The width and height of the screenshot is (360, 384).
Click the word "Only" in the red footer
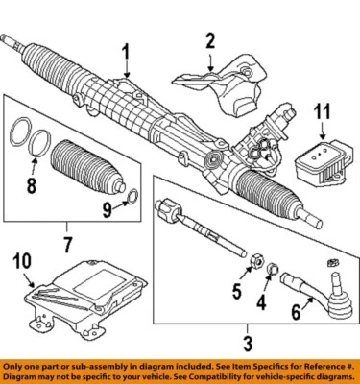coord(16,366)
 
